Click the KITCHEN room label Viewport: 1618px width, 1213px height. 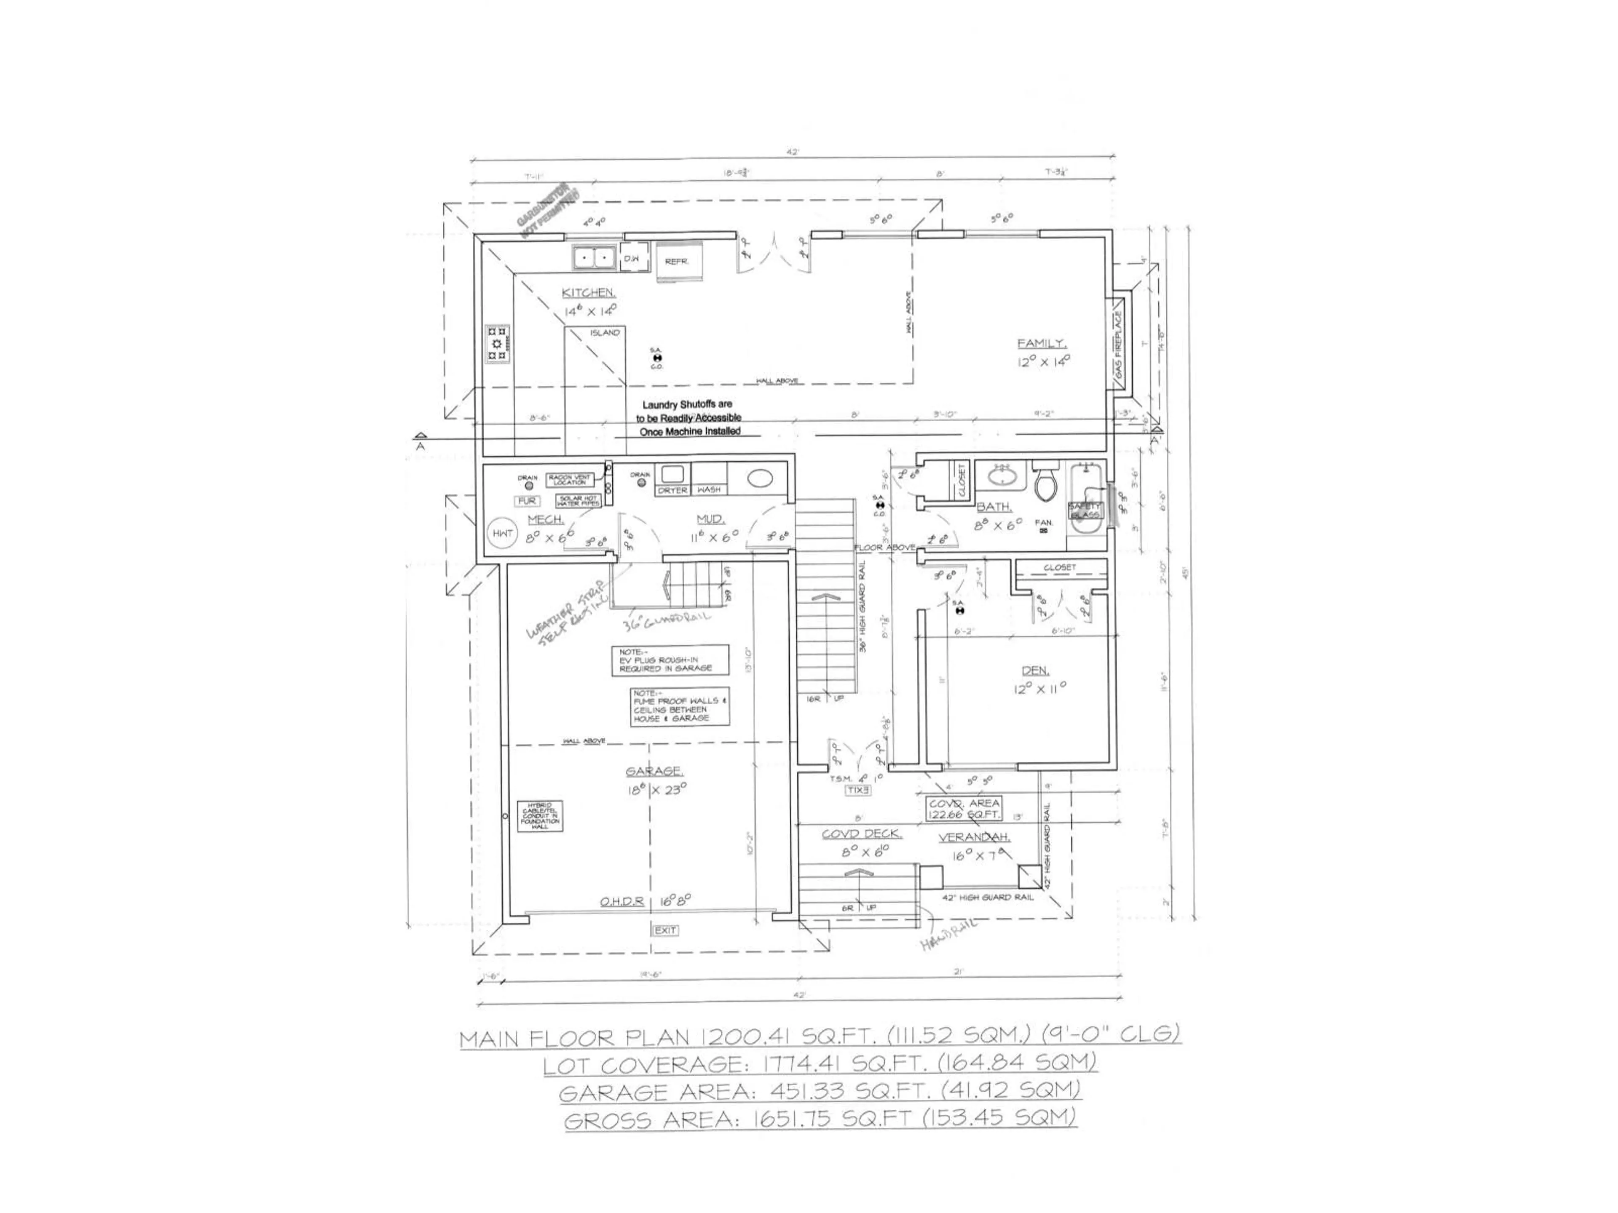(588, 292)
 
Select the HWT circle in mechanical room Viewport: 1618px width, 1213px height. (503, 534)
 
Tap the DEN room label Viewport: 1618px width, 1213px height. (1035, 671)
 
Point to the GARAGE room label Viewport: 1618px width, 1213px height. (655, 771)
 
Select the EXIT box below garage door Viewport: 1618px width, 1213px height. (665, 930)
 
